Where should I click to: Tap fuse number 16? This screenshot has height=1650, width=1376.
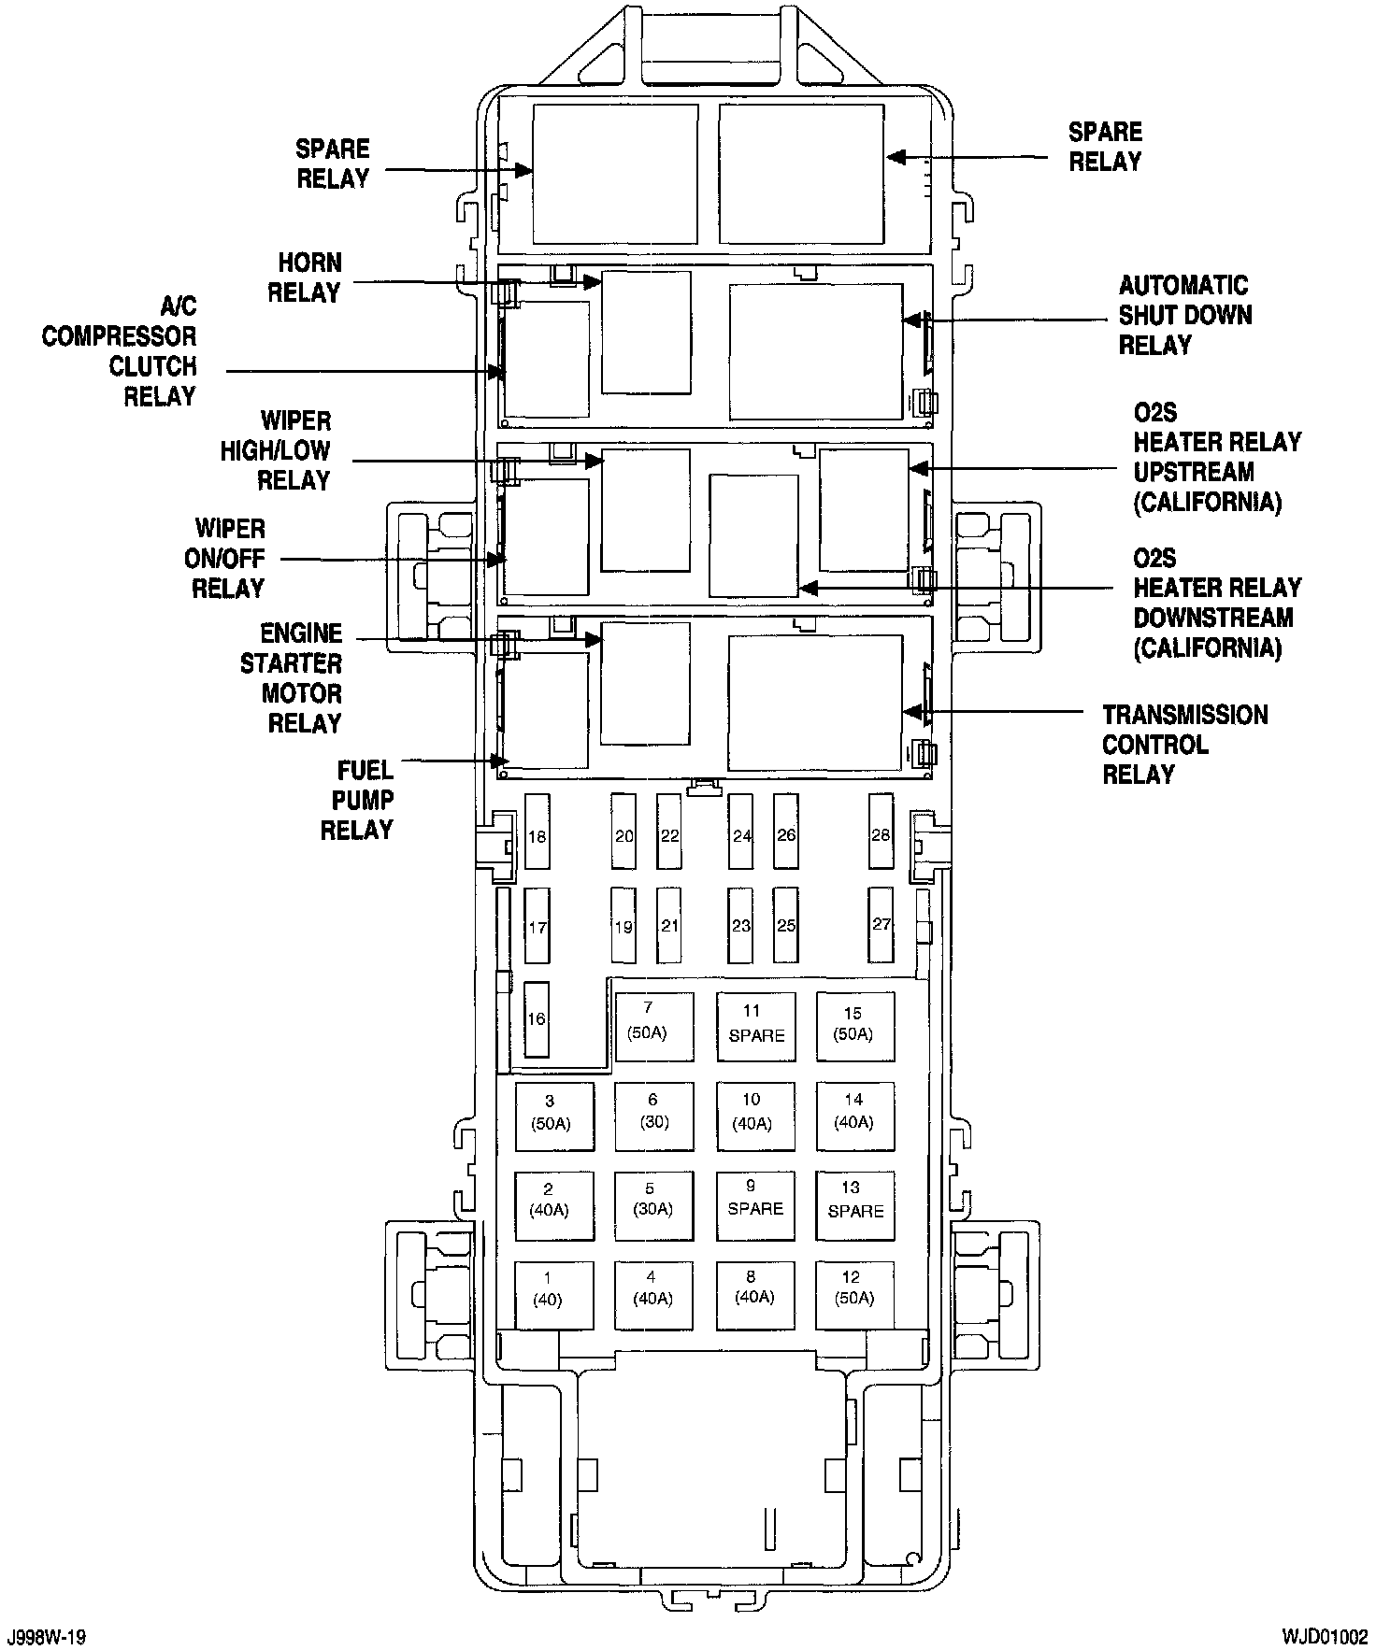click(x=537, y=1019)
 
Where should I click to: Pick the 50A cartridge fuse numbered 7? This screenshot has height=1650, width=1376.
click(x=653, y=1025)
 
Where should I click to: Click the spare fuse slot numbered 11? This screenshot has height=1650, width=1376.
click(x=755, y=1025)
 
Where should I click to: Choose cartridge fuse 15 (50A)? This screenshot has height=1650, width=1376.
click(x=854, y=1025)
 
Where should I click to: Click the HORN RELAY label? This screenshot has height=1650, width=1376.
click(x=305, y=277)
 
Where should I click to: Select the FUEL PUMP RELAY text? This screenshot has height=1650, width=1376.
click(x=357, y=800)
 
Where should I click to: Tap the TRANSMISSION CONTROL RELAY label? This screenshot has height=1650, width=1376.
click(x=1184, y=745)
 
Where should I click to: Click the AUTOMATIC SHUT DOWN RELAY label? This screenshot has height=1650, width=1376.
click(x=1184, y=315)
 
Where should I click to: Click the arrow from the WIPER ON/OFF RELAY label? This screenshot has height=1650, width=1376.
click(x=393, y=559)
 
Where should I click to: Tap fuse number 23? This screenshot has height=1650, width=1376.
click(x=741, y=925)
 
